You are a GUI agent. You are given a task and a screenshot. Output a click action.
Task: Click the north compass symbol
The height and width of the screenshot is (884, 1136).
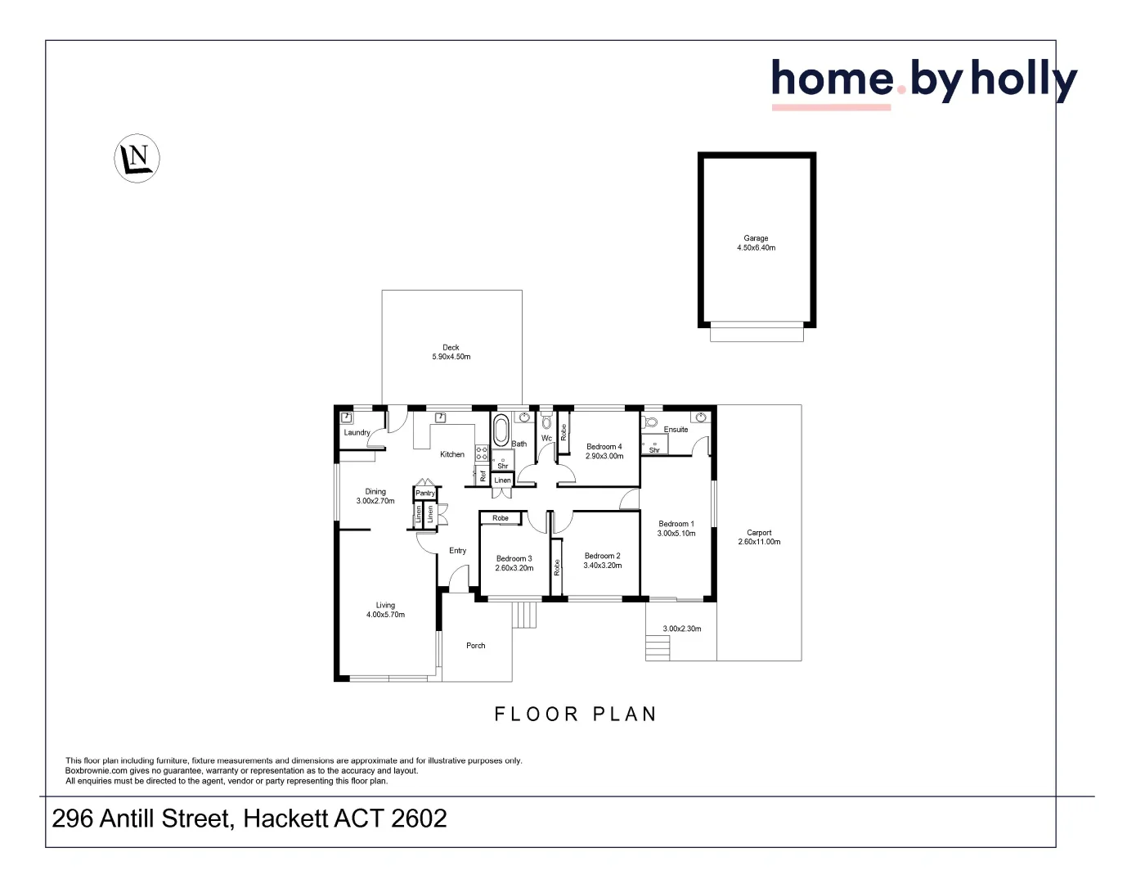[137, 158]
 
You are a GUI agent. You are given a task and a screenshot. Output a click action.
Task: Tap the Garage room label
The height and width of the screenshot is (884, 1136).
[756, 238]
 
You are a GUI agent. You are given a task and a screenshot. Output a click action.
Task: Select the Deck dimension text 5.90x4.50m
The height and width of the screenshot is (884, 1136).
[451, 357]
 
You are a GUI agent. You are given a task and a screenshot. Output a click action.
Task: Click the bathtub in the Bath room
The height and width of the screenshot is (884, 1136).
[501, 431]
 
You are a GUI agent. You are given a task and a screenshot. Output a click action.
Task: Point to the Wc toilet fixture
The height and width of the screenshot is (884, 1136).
[546, 422]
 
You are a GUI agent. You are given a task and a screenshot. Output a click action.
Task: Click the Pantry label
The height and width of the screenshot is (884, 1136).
[425, 494]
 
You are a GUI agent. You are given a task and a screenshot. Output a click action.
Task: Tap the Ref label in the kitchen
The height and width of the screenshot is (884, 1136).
[483, 476]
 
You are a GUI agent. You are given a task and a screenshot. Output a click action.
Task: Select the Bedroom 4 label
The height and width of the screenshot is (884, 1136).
[604, 447]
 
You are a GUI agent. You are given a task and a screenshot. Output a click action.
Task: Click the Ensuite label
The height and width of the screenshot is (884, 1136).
[676, 430]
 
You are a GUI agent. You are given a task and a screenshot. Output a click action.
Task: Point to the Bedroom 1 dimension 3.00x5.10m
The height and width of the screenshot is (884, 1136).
[676, 534]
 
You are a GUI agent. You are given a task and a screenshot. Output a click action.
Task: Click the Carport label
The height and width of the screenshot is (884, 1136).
[759, 533]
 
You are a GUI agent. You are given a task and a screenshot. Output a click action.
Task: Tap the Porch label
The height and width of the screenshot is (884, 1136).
[476, 646]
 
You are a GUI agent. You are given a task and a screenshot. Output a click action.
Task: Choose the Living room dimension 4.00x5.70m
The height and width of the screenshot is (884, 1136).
[385, 615]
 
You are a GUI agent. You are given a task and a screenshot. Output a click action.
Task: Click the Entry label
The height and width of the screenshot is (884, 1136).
[458, 551]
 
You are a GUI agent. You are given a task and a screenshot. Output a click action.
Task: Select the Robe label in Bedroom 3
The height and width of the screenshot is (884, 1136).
[501, 518]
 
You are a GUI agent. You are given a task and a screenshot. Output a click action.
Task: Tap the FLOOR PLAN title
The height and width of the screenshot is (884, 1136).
[576, 715]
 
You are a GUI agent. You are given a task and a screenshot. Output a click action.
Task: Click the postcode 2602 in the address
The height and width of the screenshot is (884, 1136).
[419, 819]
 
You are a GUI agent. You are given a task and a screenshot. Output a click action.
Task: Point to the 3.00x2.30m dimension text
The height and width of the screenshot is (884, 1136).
[682, 629]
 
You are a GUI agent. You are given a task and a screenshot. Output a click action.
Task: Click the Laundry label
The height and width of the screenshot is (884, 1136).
[357, 433]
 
